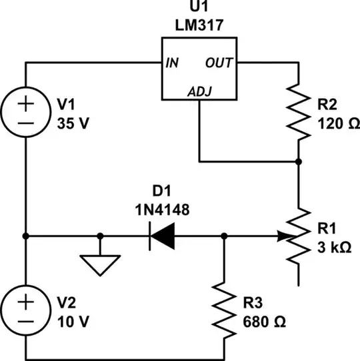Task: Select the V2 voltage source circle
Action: tap(25, 310)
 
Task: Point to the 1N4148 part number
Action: tap(161, 210)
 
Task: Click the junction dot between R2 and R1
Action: tap(298, 161)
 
